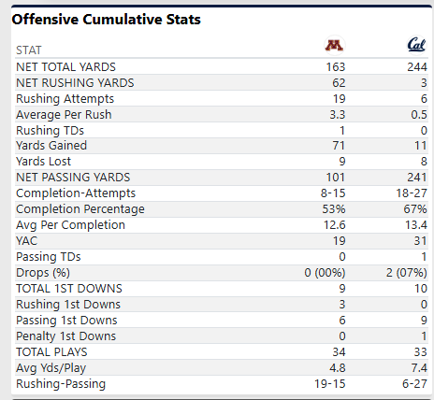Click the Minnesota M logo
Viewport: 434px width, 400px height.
point(334,46)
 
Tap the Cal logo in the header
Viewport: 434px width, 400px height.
point(416,45)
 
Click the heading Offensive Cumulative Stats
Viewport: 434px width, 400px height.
point(107,20)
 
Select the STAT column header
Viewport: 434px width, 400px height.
point(29,50)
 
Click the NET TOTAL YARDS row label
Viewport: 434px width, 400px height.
point(65,67)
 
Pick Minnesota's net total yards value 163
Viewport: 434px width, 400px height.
point(336,67)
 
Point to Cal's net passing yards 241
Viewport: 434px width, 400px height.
point(417,178)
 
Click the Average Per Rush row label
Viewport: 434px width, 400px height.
point(64,115)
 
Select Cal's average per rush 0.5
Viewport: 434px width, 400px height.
point(419,115)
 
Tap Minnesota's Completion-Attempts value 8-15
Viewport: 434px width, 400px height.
point(333,193)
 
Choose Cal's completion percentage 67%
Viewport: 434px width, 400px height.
point(415,209)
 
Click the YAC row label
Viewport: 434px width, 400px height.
point(27,241)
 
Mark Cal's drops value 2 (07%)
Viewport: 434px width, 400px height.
point(406,273)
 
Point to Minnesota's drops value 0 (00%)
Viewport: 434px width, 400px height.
point(325,273)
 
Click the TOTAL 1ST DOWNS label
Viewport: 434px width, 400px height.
point(69,289)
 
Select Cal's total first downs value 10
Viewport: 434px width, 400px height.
point(421,289)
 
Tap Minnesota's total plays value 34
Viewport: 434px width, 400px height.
point(339,352)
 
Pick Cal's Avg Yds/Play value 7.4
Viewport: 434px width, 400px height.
point(419,368)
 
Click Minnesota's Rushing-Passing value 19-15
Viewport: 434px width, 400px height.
point(330,384)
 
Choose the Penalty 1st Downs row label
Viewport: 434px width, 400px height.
point(66,336)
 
